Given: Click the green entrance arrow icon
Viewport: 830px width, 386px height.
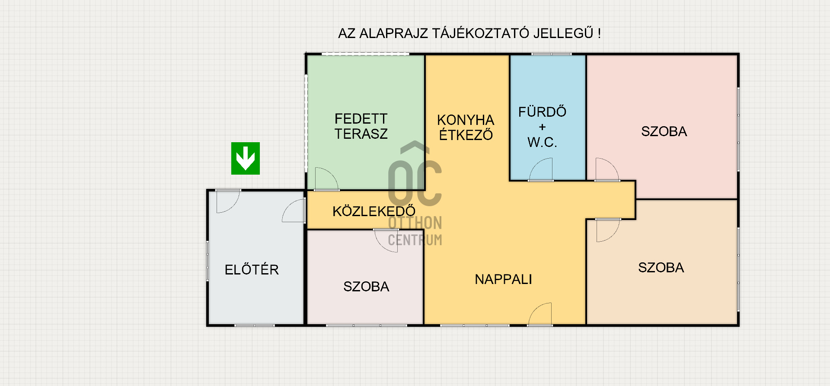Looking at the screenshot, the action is tap(246, 158).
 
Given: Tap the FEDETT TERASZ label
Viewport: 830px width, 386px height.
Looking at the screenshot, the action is tap(361, 126).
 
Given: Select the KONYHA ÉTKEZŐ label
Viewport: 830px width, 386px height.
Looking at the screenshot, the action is tap(466, 128).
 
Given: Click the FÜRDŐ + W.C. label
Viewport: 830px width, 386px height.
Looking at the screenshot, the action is tap(543, 127).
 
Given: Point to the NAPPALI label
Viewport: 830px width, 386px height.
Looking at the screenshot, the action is tap(503, 279).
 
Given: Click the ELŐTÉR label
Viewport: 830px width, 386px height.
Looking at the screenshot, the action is tap(252, 269).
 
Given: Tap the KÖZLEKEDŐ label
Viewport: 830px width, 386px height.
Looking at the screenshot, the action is tap(374, 211).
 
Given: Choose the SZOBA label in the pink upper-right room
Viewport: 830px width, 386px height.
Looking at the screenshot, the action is tap(664, 131).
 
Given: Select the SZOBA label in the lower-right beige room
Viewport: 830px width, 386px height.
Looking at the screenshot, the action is tap(661, 268).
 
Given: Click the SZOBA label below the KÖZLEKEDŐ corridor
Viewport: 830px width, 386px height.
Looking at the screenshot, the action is tap(366, 287).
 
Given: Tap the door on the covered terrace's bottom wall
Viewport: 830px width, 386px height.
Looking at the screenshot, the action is tap(326, 179).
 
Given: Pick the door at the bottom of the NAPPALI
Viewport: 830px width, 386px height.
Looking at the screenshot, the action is tap(540, 314).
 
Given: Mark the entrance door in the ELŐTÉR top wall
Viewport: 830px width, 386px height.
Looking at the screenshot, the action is tap(228, 201).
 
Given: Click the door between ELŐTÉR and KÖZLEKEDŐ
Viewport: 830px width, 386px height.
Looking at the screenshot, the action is tap(294, 211).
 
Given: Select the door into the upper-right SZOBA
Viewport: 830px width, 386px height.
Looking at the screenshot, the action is tap(607, 169).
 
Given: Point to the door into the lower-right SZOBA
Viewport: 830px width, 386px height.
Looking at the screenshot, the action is tap(608, 230).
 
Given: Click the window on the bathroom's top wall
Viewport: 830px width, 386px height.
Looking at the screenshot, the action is tap(552, 54).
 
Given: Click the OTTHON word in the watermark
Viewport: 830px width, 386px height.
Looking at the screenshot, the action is tap(415, 223).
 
